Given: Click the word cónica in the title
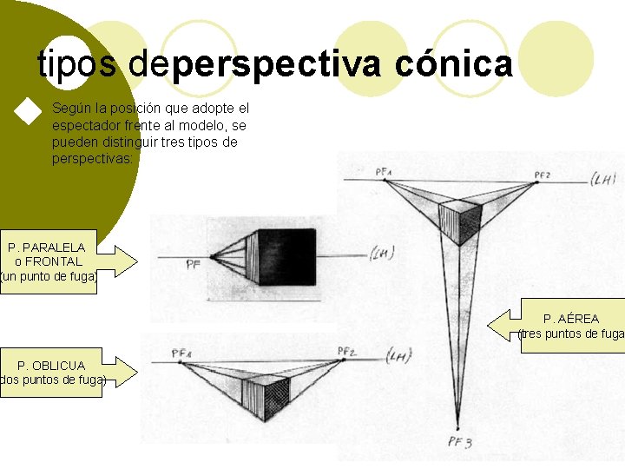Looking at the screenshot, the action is (x=453, y=63).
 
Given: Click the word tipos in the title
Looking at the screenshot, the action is (x=80, y=63).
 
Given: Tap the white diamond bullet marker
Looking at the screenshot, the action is (x=29, y=112).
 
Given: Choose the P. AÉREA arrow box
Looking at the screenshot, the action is (x=564, y=326).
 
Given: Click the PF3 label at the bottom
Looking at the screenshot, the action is (x=459, y=442).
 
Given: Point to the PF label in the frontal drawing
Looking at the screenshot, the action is (x=194, y=265).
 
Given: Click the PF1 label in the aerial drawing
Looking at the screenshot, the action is (x=384, y=172).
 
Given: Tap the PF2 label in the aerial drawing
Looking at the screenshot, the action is (x=542, y=175).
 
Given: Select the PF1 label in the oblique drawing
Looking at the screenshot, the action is (x=181, y=353).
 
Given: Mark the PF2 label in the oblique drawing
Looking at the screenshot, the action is (x=346, y=351).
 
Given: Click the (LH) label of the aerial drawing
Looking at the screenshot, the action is (x=602, y=180).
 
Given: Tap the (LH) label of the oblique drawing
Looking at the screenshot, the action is (x=399, y=354).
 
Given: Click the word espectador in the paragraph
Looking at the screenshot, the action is (x=88, y=125).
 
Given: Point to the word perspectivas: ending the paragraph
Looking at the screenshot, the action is (x=93, y=158).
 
